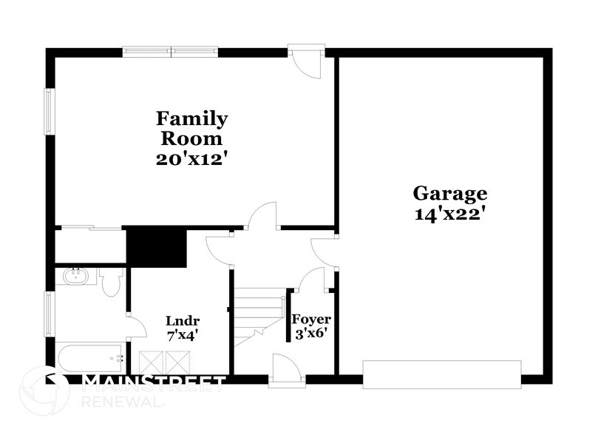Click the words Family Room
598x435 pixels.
pos(191,128)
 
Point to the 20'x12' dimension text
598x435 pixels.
pos(191,158)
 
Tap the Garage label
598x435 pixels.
pos(449,194)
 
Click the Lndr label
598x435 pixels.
pos(183,321)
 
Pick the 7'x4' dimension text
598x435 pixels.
pos(183,334)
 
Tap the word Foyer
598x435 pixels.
pos(311,320)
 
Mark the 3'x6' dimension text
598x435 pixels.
pos(311,333)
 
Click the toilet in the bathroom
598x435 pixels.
pos(112,282)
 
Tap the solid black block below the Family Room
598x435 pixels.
pos(155,246)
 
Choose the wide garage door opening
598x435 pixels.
pos(442,374)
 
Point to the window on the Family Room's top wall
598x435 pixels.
pos(171,52)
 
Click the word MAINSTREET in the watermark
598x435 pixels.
pos(152,383)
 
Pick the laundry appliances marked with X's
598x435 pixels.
pos(165,362)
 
